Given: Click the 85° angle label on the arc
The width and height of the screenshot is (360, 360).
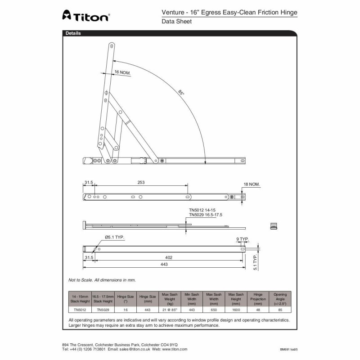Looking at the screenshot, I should (181, 93).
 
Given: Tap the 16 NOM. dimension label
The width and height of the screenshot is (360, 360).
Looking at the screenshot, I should (122, 72).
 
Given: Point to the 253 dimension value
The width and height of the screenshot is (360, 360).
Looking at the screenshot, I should (141, 182).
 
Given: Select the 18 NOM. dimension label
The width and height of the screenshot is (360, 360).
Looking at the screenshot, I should (252, 184).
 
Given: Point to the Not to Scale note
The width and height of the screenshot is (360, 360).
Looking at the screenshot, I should (102, 280).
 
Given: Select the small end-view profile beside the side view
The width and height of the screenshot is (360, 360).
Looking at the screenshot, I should (272, 225).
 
